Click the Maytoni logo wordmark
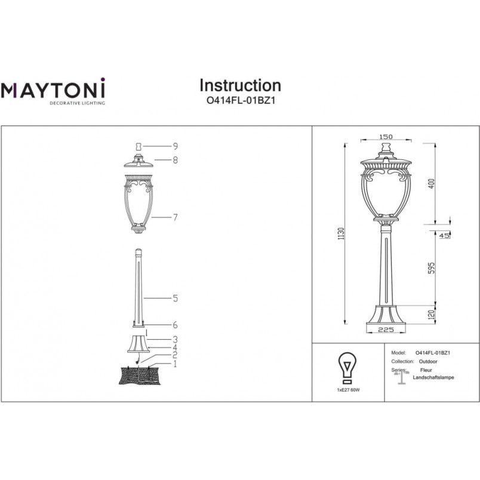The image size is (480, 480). (x=53, y=89)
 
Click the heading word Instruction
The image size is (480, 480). (x=241, y=85)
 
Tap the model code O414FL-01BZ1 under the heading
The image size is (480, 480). (x=241, y=100)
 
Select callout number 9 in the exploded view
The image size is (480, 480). (x=176, y=146)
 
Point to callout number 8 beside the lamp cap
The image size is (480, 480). (x=176, y=160)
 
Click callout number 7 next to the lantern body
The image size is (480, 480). (x=176, y=217)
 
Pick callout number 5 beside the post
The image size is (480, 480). (x=176, y=298)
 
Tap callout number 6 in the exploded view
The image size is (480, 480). (x=176, y=325)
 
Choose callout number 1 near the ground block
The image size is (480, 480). (x=175, y=364)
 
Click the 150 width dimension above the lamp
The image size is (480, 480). (x=386, y=137)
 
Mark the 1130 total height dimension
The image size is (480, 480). (x=341, y=233)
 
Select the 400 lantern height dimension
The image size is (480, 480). (x=431, y=184)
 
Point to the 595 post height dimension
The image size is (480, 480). (x=431, y=268)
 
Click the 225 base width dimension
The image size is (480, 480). (x=386, y=330)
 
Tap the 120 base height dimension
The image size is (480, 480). (x=431, y=315)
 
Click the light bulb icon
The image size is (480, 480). (x=347, y=368)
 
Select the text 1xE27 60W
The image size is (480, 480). (x=349, y=390)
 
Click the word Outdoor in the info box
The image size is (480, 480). (x=428, y=362)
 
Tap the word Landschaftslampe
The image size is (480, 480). (x=433, y=377)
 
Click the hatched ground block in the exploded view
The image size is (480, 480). (x=140, y=376)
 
